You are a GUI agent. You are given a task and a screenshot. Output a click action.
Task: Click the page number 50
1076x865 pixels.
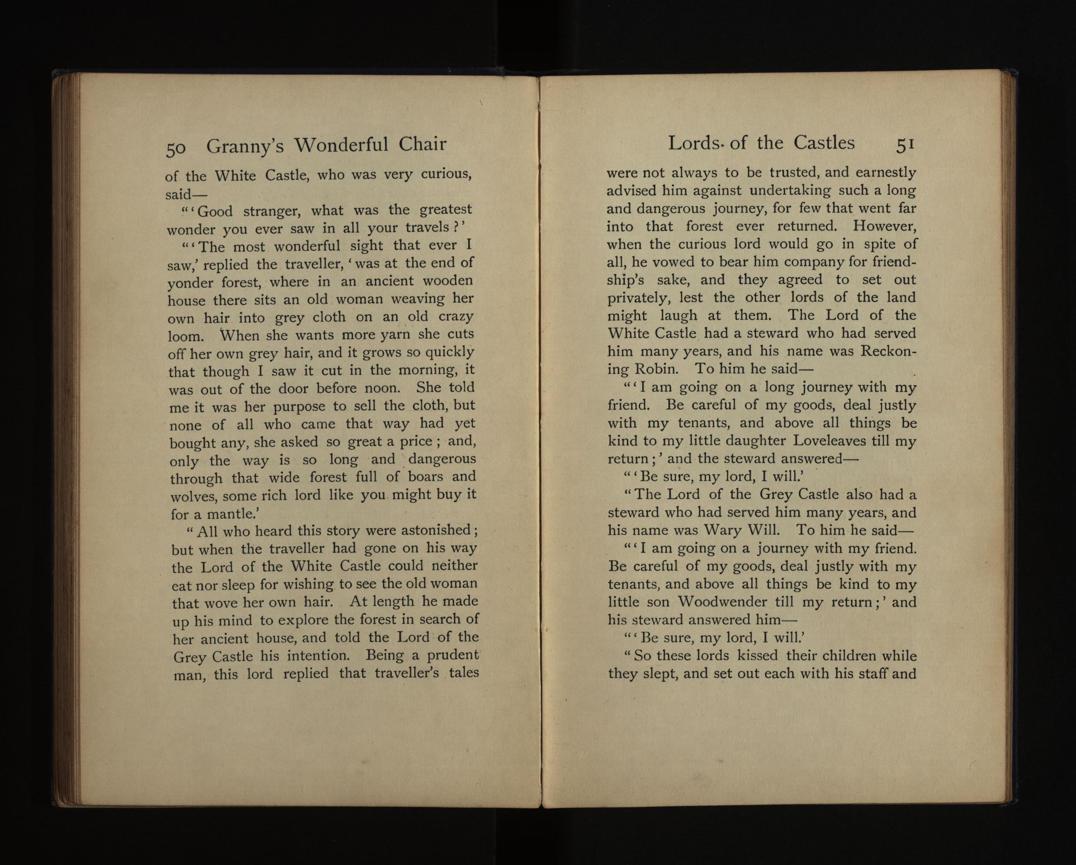[x=176, y=149]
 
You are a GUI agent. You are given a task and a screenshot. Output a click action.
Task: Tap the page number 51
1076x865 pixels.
[x=905, y=145]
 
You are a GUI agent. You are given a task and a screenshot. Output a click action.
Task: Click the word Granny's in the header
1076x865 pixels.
[x=245, y=146]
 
